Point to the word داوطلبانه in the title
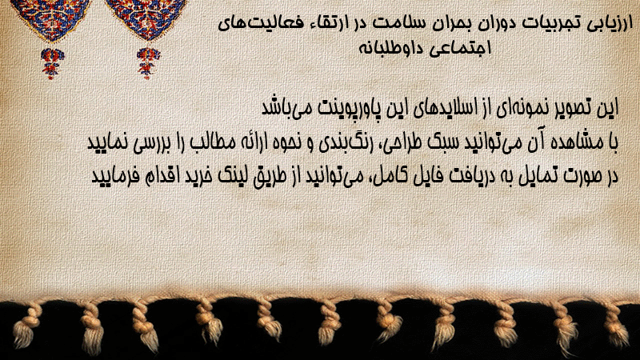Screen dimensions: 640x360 [388, 48]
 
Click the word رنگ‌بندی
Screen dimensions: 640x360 [341, 143]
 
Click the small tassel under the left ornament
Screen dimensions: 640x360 [52, 62]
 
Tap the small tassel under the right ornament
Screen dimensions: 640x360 [148, 62]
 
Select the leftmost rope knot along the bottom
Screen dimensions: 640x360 [26, 326]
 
